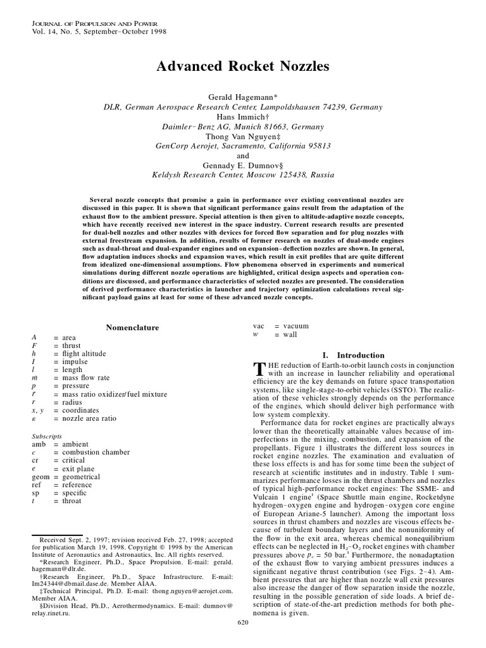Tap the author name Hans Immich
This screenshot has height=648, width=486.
coord(243,117)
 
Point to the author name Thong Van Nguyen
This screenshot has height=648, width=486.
coord(243,136)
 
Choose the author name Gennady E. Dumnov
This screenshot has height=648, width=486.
coord(243,165)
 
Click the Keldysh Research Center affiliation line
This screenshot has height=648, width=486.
coord(243,175)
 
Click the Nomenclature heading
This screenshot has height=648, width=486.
coord(132,327)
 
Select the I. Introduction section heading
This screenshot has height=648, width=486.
coord(353,355)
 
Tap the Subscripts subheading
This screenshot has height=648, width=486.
coord(46,436)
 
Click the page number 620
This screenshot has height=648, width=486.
coord(243,640)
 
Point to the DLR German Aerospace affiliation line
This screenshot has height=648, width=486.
coord(243,108)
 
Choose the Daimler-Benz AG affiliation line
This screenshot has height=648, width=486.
coord(243,127)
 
